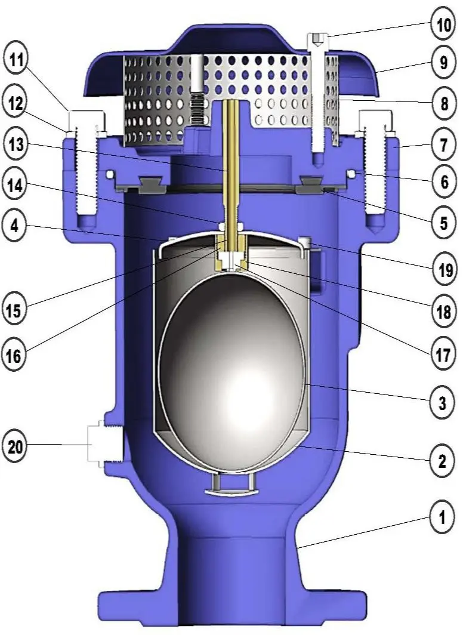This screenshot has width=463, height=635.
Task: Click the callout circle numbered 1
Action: pyautogui.click(x=443, y=518)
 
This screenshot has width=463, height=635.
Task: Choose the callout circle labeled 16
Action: pyautogui.click(x=18, y=356)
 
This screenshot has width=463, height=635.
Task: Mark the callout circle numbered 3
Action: pyautogui.click(x=443, y=403)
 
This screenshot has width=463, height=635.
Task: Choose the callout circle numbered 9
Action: pyautogui.click(x=443, y=63)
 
